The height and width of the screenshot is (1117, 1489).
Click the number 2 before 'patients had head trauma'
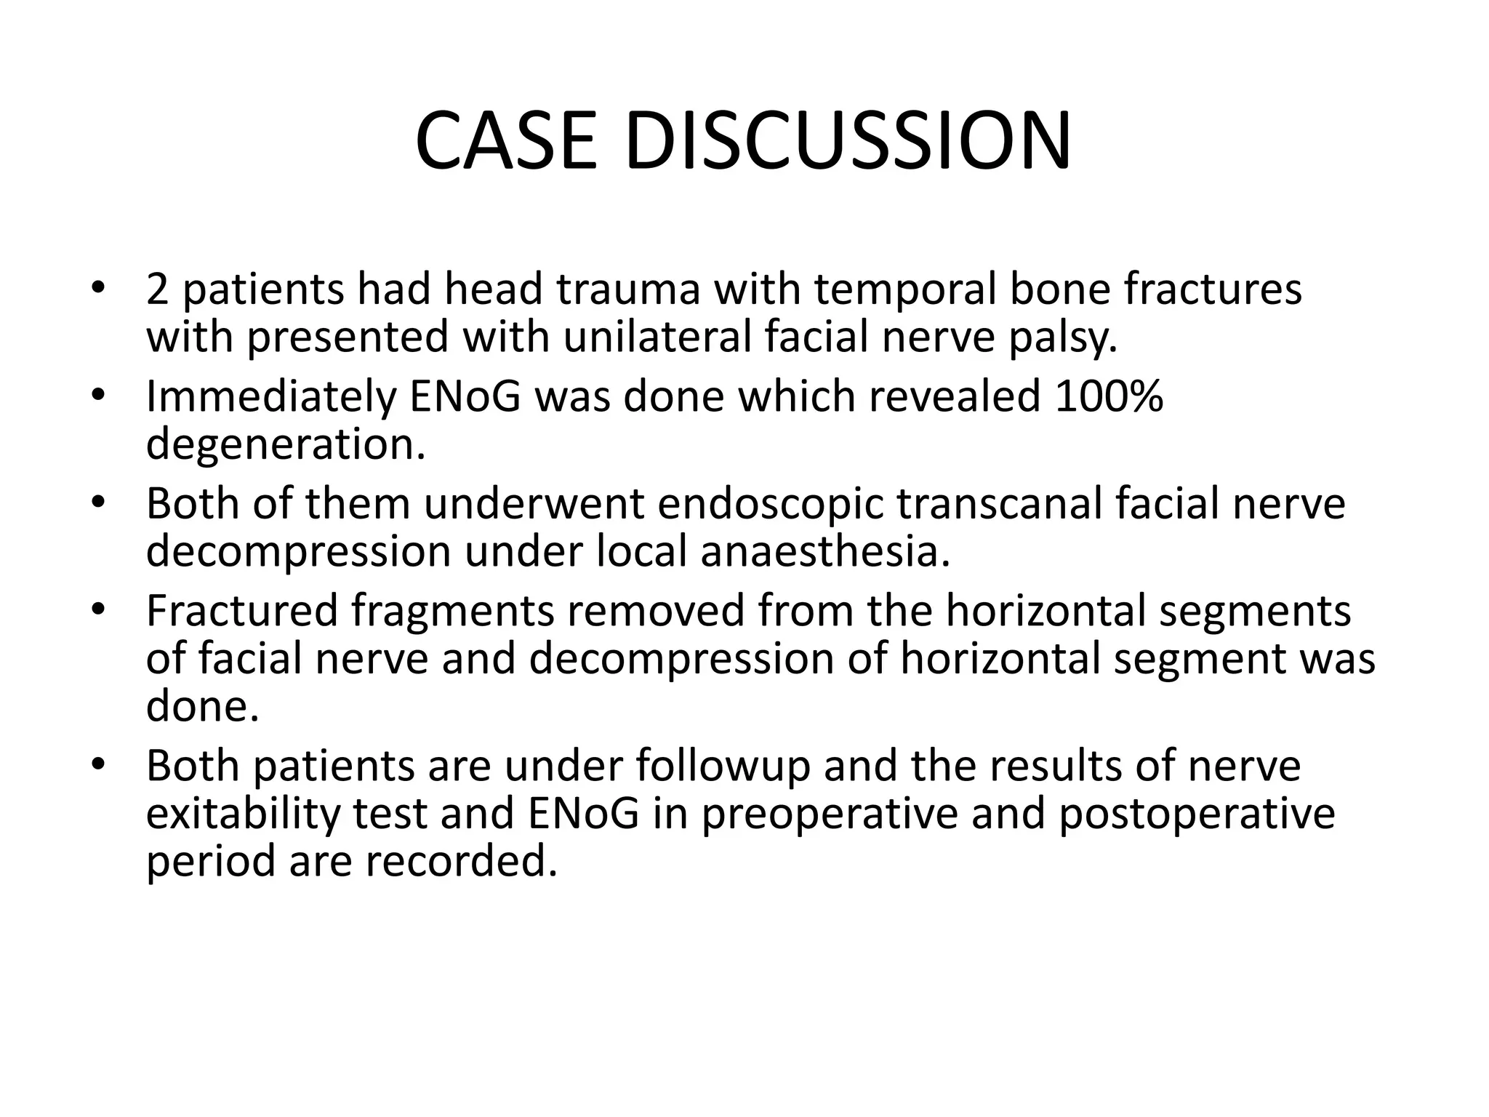point(157,289)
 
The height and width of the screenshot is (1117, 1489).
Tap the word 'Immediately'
point(270,397)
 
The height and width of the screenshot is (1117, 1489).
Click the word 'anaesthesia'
point(825,551)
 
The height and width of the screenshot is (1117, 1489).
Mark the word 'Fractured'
point(242,610)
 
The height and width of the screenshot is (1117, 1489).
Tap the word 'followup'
point(723,766)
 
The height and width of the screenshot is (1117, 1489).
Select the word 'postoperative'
point(1196,814)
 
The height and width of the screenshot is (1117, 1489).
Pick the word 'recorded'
point(461,861)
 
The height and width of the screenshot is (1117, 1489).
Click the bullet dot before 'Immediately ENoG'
point(100,397)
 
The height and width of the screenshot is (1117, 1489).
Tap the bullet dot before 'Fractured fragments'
point(100,610)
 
